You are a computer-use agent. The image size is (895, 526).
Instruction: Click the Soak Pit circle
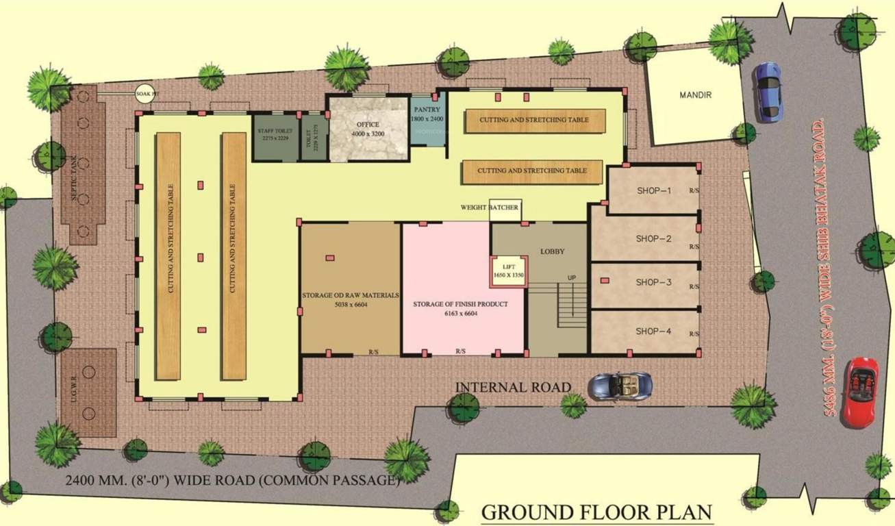pos(144,94)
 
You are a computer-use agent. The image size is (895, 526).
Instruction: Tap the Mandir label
pos(695,95)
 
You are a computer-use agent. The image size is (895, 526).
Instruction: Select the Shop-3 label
pos(653,282)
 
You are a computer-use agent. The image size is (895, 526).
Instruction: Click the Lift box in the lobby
pos(509,271)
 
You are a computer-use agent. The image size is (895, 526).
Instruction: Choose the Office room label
pos(367,125)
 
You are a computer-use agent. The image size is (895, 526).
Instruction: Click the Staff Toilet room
pos(275,134)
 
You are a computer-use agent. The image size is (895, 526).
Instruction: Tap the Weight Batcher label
pos(489,208)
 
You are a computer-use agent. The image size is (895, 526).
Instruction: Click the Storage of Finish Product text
pos(459,303)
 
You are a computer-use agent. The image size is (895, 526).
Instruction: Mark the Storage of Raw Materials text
pos(350,296)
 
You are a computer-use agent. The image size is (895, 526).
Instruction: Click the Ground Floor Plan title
pos(596,512)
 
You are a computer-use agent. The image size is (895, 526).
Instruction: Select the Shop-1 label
pos(653,191)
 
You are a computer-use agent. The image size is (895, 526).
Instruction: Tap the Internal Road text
pos(513,387)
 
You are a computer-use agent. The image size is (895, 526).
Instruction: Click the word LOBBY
pos(552,251)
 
